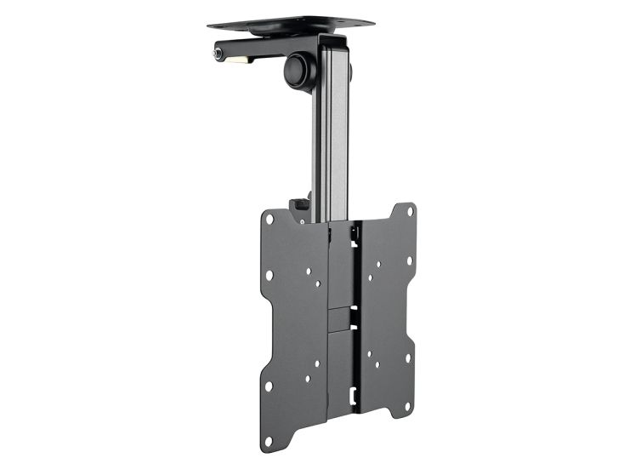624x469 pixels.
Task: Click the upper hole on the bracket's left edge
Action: tap(269, 275)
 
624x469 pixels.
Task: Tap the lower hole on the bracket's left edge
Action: tap(269, 386)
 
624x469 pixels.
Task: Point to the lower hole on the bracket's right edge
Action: tap(409, 357)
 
